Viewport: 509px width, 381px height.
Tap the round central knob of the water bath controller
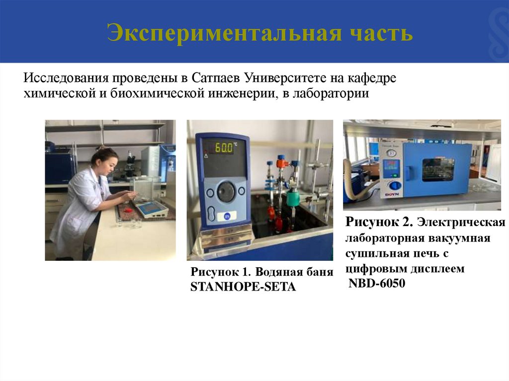tap(226, 191)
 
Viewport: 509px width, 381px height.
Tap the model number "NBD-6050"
tap(376, 284)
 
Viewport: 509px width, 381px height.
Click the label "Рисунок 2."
tap(379, 220)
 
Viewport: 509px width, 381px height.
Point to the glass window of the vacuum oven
tap(438, 169)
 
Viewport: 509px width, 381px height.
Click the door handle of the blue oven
tap(408, 172)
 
